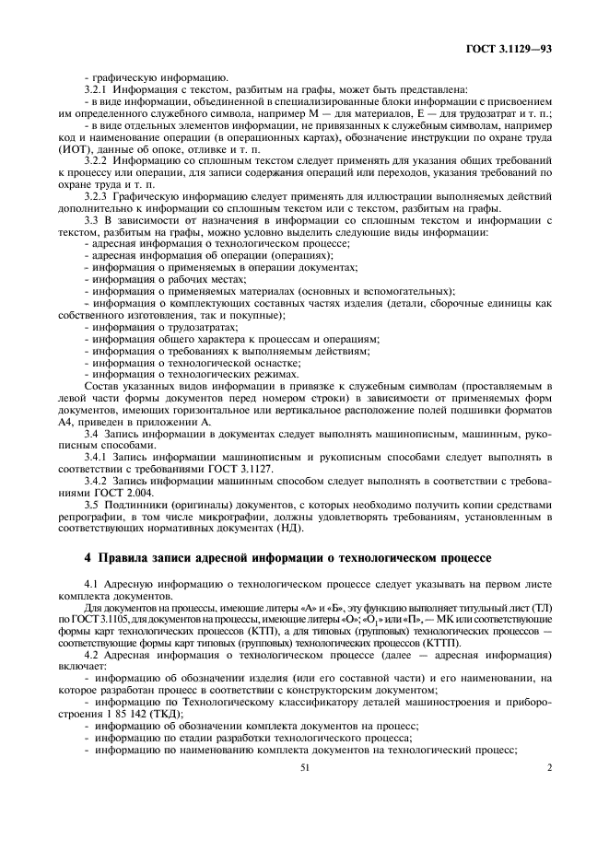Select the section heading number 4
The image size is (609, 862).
pos(88,558)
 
